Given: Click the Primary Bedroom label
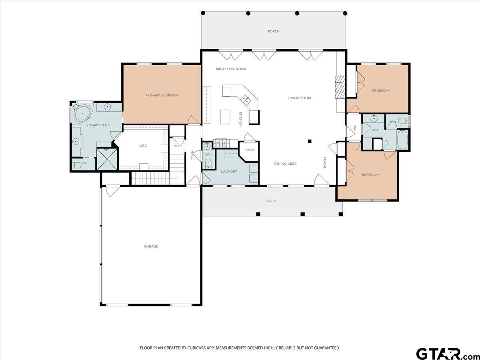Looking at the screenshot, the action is tap(162, 95).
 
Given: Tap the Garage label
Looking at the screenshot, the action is tap(151, 246).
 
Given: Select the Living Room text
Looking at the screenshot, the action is tap(299, 98).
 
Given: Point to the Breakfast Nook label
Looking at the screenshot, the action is tap(231, 69).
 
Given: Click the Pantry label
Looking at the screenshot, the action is tap(250, 150).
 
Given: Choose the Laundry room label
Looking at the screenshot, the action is tap(229, 172).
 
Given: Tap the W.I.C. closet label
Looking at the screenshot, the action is tap(143, 146).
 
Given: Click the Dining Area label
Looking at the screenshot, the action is tap(285, 164).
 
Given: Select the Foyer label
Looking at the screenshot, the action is tap(325, 163).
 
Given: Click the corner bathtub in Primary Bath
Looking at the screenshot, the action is tap(82, 113).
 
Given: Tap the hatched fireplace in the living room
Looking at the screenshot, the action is tap(340, 87).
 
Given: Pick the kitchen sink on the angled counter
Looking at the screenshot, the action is tap(246, 100).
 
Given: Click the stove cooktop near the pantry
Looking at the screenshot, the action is tap(221, 143).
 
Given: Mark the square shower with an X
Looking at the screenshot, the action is tap(107, 159).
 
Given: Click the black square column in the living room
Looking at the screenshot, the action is tap(310, 141).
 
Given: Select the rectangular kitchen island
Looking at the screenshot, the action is tap(226, 117).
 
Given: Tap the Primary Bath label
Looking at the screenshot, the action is tap(97, 125).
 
